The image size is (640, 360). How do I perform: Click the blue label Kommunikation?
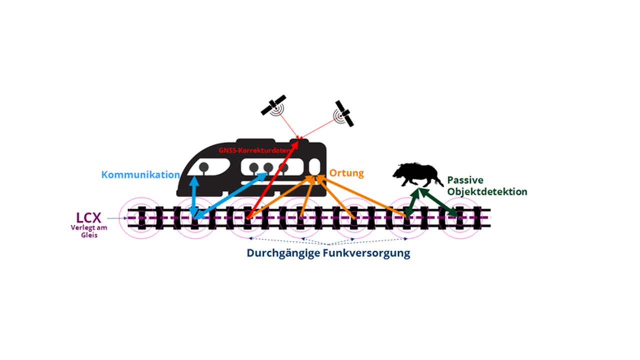[140, 174]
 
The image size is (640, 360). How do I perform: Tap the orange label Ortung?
[346, 173]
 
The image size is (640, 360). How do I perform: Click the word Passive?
[465, 180]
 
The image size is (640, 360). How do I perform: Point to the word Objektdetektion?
[487, 191]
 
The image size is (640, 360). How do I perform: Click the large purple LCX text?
[88, 218]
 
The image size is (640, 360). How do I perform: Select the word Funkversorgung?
[366, 253]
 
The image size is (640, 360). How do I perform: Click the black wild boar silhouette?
[417, 174]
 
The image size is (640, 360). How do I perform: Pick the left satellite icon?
[273, 105]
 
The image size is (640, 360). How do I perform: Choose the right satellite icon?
[344, 113]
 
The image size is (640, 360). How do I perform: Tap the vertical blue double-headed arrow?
[194, 196]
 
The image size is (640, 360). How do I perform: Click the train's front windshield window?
[208, 167]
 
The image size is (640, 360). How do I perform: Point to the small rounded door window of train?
[314, 166]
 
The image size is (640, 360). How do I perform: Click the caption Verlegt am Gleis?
[89, 231]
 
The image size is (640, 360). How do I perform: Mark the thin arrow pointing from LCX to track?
[117, 218]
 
